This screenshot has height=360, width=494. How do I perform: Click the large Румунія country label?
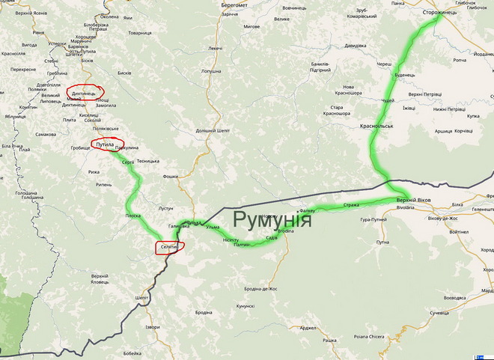tap(272, 219)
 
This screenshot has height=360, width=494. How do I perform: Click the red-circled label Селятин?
tap(169, 247)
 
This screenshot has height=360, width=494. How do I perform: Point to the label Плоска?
tap(133, 215)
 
